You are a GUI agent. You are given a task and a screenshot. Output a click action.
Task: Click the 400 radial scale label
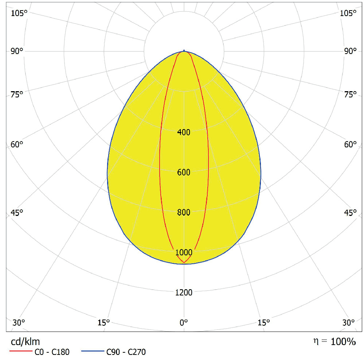[x=184, y=132]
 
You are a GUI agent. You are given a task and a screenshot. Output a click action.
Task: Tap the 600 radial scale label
[x=184, y=173]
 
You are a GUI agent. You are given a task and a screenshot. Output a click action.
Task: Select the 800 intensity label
[x=184, y=213]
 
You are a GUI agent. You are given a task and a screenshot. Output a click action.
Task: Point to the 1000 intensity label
[x=184, y=252]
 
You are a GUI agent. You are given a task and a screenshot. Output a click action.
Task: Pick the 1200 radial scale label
[x=184, y=292]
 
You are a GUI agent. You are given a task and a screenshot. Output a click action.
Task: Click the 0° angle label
[x=184, y=322]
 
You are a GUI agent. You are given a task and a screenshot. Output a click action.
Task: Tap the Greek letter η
[x=316, y=341]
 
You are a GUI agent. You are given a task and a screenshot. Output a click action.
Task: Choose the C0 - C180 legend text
[x=52, y=352]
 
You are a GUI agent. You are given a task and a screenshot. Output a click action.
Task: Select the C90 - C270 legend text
[x=126, y=352]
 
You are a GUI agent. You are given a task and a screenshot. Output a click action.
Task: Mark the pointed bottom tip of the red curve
[x=184, y=262]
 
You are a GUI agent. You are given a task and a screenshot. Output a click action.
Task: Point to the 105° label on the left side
[x=19, y=13]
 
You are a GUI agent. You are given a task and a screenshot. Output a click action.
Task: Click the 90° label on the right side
[x=350, y=51]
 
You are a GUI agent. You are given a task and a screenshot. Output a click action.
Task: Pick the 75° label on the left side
[x=17, y=95]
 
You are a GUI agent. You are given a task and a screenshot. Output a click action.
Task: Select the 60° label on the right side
[x=350, y=144]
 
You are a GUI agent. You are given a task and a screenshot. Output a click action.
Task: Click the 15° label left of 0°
[x=103, y=322]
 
